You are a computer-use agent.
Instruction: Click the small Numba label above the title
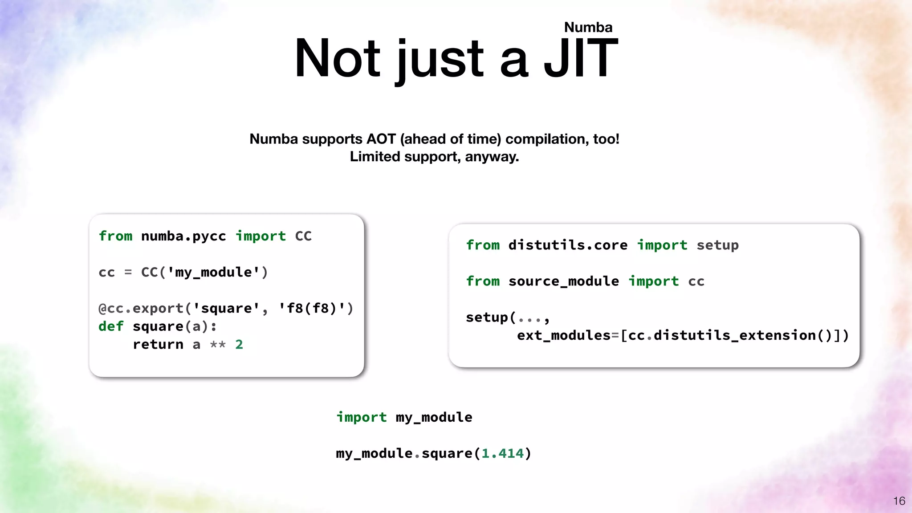tap(588, 28)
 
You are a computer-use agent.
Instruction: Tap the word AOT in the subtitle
tap(381, 139)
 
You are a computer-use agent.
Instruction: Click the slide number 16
tap(899, 501)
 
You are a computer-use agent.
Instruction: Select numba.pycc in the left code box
tap(183, 236)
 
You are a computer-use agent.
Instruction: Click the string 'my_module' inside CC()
tap(213, 272)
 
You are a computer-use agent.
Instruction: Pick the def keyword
tap(110, 326)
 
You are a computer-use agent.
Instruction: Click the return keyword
tap(158, 345)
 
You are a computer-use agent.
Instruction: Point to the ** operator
tap(218, 345)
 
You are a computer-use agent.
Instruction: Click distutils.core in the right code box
tap(568, 245)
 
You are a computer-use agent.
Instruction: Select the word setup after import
tap(717, 245)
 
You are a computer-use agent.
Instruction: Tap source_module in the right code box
tap(563, 281)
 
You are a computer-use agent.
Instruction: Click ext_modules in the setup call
tap(563, 335)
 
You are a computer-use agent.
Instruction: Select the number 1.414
tap(502, 453)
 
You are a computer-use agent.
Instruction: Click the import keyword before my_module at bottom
tap(361, 417)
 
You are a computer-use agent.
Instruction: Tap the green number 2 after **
tap(239, 345)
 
